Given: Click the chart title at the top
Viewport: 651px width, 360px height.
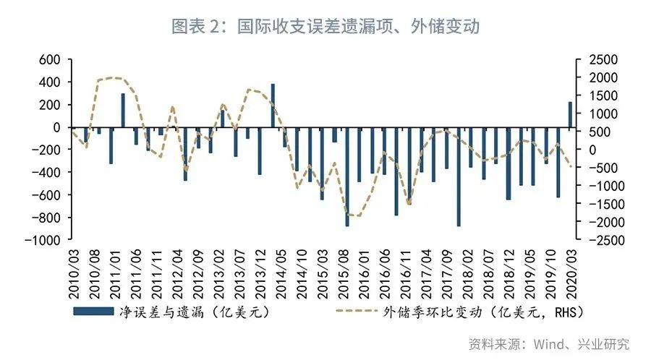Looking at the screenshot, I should pos(325,27).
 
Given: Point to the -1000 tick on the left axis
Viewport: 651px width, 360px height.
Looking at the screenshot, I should pos(43,240).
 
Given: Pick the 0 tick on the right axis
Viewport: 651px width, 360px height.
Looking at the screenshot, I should pos(587,150).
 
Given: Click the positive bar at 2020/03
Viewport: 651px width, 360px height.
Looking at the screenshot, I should pos(570,114).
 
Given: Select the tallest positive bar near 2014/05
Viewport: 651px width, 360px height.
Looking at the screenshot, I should pos(273,106).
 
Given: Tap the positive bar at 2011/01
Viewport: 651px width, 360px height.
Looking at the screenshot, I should pos(123,110).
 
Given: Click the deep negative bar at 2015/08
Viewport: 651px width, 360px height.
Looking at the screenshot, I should pos(347,176).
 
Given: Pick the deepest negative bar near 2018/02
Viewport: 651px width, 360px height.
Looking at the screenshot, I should pos(459,176).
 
